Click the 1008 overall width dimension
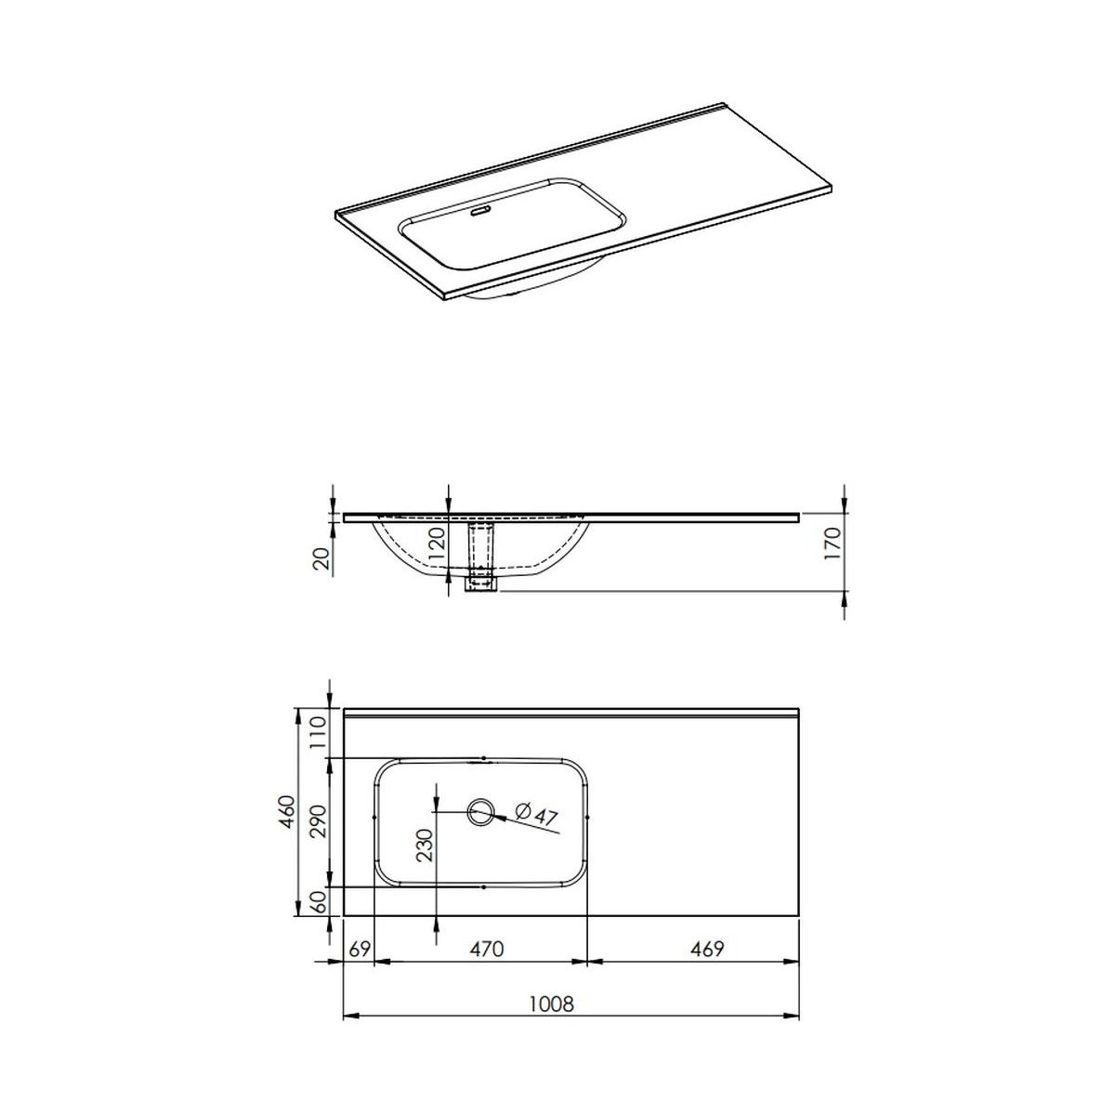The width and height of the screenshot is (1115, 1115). click(x=551, y=1003)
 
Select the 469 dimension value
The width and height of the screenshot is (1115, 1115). click(x=707, y=950)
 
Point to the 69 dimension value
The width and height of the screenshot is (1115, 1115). click(x=360, y=950)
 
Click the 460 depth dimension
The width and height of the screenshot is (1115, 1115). click(x=287, y=813)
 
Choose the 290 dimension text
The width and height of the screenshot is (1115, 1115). click(x=319, y=821)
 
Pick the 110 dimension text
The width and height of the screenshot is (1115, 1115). click(x=319, y=732)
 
